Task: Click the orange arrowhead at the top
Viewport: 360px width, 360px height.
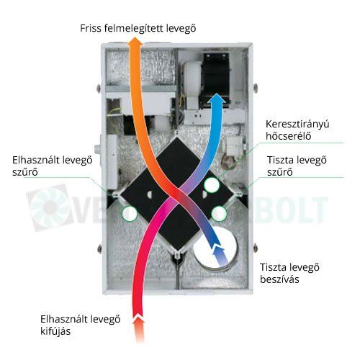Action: (135, 43)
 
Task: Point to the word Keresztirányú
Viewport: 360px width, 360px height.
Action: (297, 125)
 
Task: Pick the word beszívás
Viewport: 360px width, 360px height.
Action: (279, 279)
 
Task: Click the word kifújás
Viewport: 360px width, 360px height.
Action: (55, 331)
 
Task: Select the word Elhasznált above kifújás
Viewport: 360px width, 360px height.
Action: (60, 320)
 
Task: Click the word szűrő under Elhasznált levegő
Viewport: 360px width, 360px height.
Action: (25, 172)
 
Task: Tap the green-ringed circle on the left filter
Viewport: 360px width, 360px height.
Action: (130, 213)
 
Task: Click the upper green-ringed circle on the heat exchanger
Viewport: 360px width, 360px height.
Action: (212, 185)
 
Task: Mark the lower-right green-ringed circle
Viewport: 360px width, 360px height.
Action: (219, 213)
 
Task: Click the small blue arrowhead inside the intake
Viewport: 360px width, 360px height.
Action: (218, 250)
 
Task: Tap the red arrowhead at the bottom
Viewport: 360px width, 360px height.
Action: (139, 319)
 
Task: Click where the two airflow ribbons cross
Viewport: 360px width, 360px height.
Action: (178, 195)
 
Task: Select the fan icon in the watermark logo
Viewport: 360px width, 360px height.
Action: (50, 207)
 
